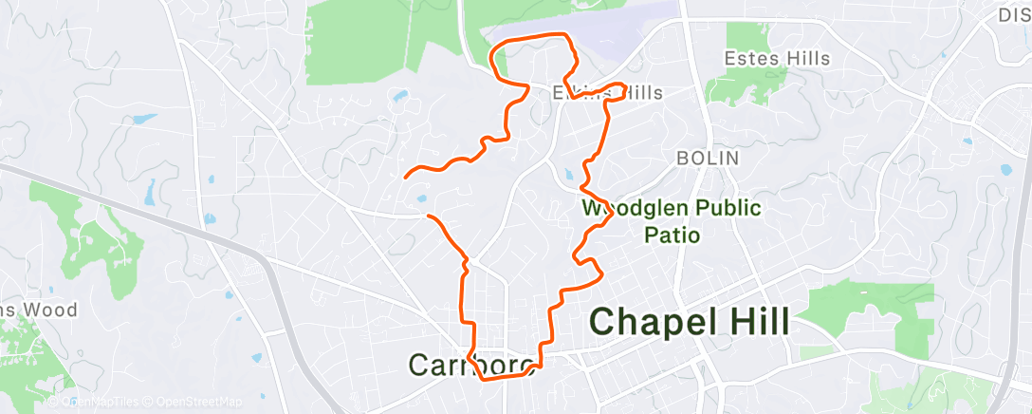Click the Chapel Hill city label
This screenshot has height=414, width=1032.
pos(689,323)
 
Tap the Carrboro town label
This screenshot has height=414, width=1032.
pos(471,364)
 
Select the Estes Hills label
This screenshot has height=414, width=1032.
pos(777,59)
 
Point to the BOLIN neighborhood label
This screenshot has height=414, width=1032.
pos(706,159)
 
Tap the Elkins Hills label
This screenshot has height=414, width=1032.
pos(607,93)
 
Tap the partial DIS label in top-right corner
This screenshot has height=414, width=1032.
pos(1014,14)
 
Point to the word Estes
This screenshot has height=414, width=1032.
pos(750,59)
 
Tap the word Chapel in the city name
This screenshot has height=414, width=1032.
pos(646,323)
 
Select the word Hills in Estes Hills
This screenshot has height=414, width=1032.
pos(805,59)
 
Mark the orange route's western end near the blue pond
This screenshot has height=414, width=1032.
pos(406,177)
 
